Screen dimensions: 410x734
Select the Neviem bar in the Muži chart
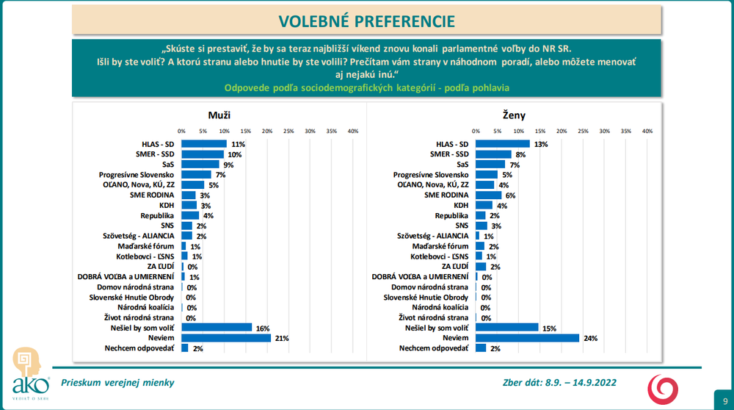pos(226,338)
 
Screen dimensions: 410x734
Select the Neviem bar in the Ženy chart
pos(527,338)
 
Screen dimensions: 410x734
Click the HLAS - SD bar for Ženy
pos(503,144)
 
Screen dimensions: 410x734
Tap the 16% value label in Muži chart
pos(261,328)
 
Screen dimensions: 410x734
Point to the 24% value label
pos(590,338)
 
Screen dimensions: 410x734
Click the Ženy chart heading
pos(514,115)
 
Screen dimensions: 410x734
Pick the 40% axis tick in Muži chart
pos(352,131)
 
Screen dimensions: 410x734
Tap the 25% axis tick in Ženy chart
pos(584,131)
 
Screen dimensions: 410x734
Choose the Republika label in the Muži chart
pos(156,215)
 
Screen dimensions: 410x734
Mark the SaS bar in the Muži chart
pos(200,165)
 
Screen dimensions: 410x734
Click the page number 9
pos(724,401)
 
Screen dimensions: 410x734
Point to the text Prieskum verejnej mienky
pos(117,382)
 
